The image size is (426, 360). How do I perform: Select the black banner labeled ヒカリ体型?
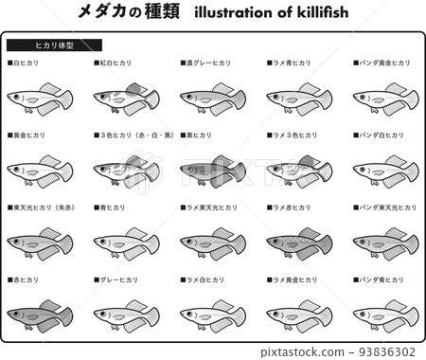point(54,45)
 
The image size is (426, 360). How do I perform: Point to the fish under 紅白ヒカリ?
point(126,98)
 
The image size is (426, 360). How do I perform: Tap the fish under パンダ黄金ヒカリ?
point(385,98)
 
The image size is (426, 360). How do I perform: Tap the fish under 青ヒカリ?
point(126,243)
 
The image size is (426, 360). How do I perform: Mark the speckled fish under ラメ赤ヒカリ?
point(298,243)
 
